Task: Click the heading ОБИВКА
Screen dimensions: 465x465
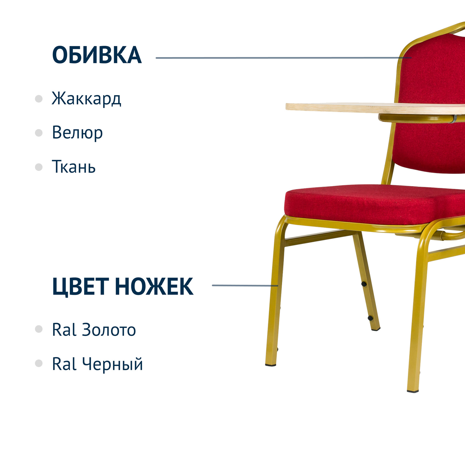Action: pos(97,55)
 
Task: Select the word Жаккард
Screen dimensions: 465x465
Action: pos(86,98)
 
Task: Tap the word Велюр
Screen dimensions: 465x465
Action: pos(77,133)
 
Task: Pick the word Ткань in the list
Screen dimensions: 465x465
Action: pos(74,166)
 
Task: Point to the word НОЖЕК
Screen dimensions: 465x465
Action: pos(154,286)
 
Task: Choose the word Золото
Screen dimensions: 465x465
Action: pos(109,330)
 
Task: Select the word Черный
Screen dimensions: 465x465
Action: pos(112,364)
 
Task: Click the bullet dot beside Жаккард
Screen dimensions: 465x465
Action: pos(39,99)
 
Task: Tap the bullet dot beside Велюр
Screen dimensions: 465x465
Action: pos(39,133)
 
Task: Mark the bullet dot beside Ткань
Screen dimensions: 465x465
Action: pos(39,167)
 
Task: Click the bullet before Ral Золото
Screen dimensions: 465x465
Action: pos(39,329)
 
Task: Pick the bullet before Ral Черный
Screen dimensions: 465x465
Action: pos(39,364)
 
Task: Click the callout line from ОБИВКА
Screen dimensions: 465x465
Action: pos(284,58)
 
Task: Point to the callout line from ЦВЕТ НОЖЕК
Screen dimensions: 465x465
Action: pos(245,286)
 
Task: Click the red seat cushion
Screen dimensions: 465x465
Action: pos(375,205)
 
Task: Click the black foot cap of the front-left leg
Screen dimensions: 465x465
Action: pos(271,365)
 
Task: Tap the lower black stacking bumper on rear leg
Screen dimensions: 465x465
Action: pos(370,318)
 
